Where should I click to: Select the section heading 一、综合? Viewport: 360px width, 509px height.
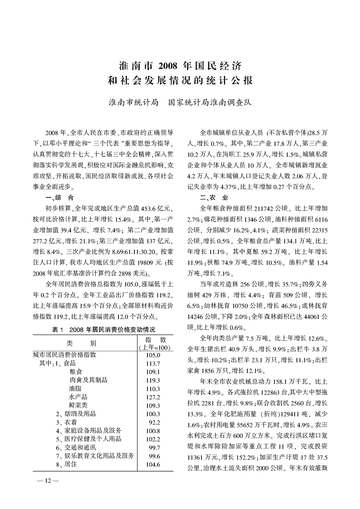59,198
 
